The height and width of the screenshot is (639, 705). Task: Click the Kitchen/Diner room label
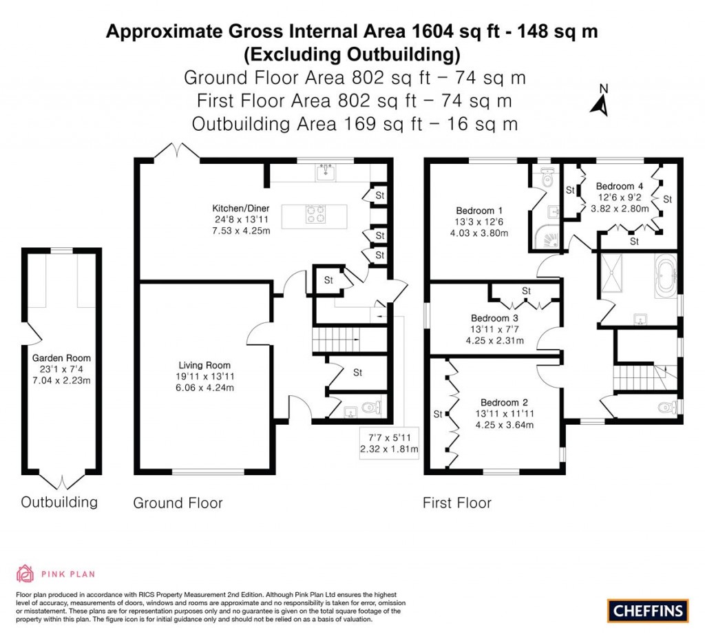pos(240,208)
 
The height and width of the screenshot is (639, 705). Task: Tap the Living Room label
pos(204,365)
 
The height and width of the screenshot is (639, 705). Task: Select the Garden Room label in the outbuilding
pos(61,358)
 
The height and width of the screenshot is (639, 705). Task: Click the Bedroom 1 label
pos(479,211)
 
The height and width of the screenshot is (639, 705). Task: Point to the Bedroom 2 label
pos(504,402)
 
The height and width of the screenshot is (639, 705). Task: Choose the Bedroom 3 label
pos(494,318)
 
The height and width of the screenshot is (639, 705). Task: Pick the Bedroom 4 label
pos(620,186)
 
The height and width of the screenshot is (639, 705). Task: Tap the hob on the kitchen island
pos(315,215)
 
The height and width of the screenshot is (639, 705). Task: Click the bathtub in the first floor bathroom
pos(664,277)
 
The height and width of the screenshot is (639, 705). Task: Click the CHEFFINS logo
pos(647,610)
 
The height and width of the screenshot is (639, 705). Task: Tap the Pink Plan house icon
pos(25,574)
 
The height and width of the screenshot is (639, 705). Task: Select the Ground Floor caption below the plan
pos(178,503)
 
